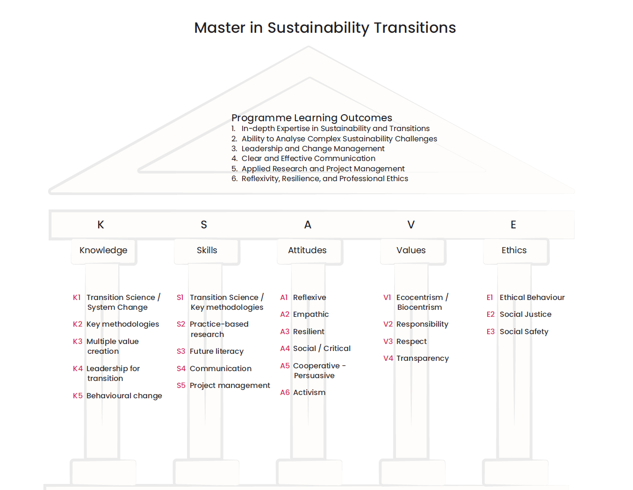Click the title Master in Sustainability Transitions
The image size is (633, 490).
(x=325, y=28)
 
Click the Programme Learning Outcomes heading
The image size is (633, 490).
(x=311, y=118)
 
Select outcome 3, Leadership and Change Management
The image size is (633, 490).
(x=313, y=148)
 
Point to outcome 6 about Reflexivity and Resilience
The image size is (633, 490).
(x=324, y=178)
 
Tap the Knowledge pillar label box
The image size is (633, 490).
(x=103, y=250)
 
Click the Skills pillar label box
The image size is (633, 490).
(x=207, y=250)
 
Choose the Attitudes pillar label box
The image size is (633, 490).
(x=307, y=250)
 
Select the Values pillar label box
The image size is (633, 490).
(x=411, y=250)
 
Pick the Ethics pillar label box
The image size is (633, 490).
(x=514, y=250)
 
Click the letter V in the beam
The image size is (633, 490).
(x=411, y=225)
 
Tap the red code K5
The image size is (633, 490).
(x=78, y=395)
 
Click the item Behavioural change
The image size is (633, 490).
(x=124, y=395)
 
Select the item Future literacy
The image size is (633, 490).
(x=216, y=351)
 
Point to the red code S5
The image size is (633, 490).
(x=181, y=385)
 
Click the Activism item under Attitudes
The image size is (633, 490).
(x=309, y=392)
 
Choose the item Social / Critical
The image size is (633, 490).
(x=322, y=348)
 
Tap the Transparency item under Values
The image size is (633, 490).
(x=422, y=358)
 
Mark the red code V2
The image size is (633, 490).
(x=388, y=324)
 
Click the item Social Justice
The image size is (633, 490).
(x=525, y=314)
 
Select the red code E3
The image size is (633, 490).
(x=490, y=331)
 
